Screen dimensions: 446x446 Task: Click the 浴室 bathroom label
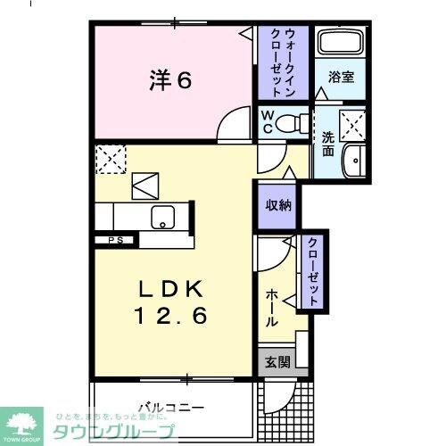pos(341,77)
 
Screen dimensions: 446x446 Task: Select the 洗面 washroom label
pos(327,145)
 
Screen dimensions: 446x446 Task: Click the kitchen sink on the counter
pos(163,217)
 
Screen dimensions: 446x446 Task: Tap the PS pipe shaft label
pos(115,240)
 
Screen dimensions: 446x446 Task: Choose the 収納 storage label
pos(276,204)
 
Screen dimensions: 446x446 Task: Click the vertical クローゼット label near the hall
pos(314,271)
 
